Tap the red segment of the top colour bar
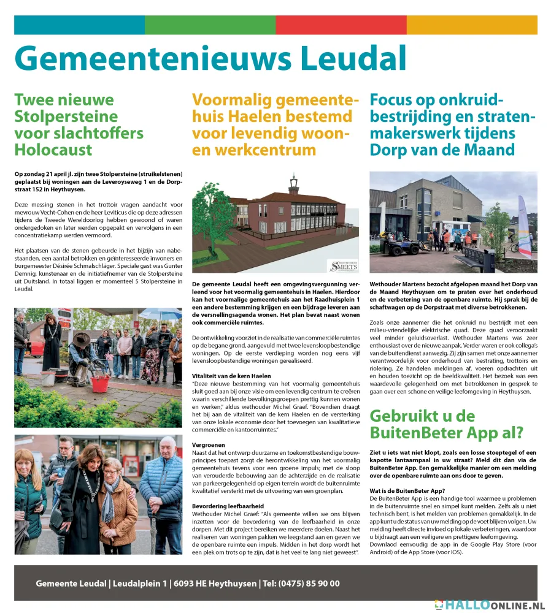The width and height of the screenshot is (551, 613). [341, 25]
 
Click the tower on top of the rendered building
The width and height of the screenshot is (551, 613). [293, 184]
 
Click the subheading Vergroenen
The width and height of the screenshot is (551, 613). [209, 445]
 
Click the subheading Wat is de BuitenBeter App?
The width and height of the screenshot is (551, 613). [407, 491]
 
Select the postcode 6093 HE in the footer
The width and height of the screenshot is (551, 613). [193, 584]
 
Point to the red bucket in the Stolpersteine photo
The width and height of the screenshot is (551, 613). [100, 383]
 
